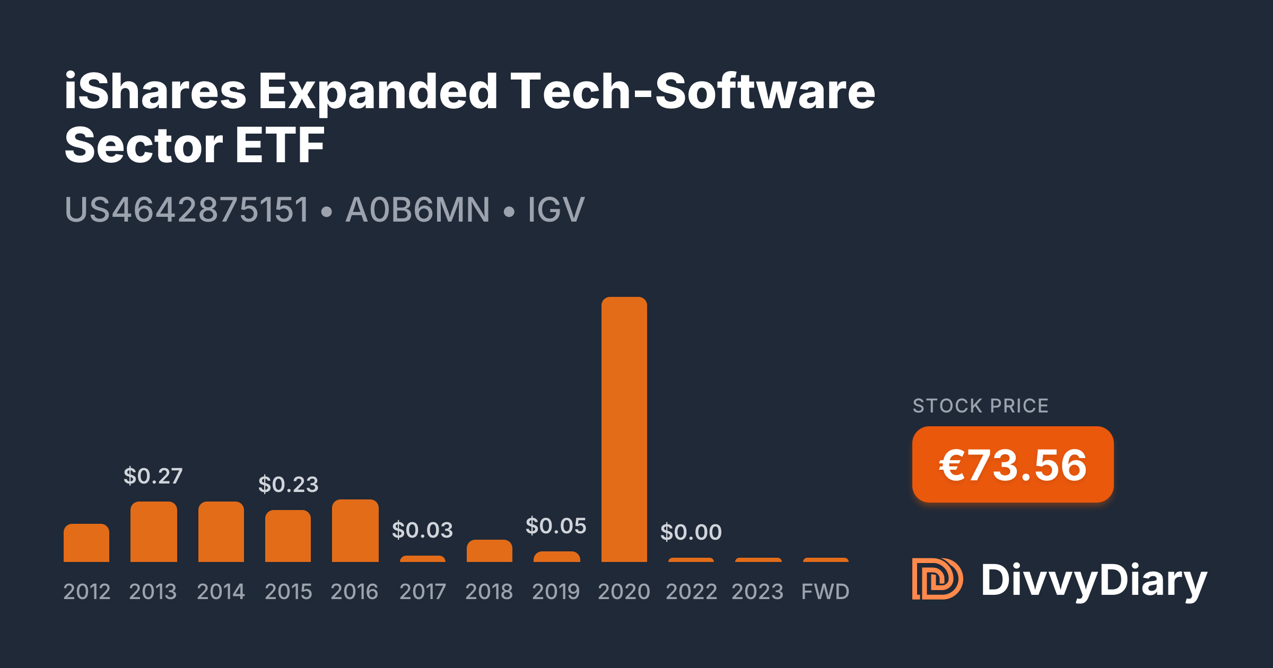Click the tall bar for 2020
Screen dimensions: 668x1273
point(624,429)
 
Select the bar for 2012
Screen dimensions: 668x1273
point(86,543)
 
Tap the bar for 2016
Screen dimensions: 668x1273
point(355,531)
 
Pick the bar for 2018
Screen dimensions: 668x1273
point(489,551)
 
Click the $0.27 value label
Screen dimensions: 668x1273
point(153,476)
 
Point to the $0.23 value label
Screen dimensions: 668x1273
point(288,485)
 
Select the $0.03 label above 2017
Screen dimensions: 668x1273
point(422,530)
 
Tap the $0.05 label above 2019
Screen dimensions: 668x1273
point(556,526)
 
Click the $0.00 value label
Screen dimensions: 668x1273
point(691,532)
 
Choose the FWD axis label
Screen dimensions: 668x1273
point(825,592)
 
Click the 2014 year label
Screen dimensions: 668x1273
point(221,592)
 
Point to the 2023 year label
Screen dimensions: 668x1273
point(757,592)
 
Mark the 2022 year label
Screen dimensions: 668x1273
point(691,592)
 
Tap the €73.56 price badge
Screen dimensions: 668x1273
point(1013,465)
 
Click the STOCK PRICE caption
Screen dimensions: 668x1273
point(980,406)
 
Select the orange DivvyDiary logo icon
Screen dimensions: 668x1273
point(937,579)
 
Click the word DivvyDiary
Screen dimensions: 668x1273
point(1094,581)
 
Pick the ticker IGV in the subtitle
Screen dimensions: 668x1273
point(556,209)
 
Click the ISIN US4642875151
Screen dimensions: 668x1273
point(187,209)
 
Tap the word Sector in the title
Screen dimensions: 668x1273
point(144,145)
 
